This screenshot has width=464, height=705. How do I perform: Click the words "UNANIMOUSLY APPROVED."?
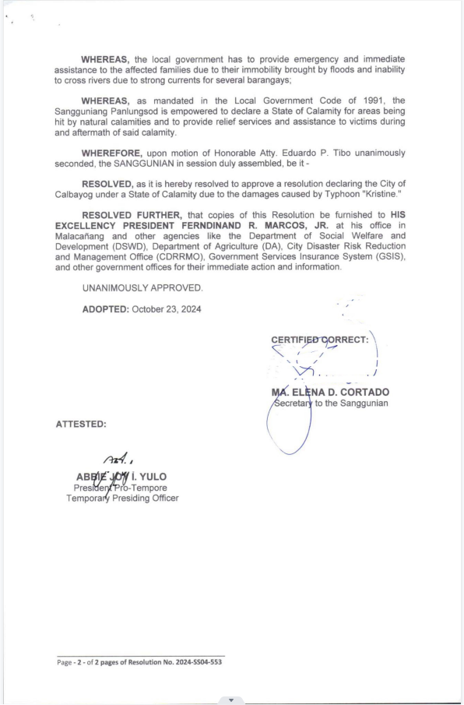142,288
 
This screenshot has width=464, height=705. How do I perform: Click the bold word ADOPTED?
105,309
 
